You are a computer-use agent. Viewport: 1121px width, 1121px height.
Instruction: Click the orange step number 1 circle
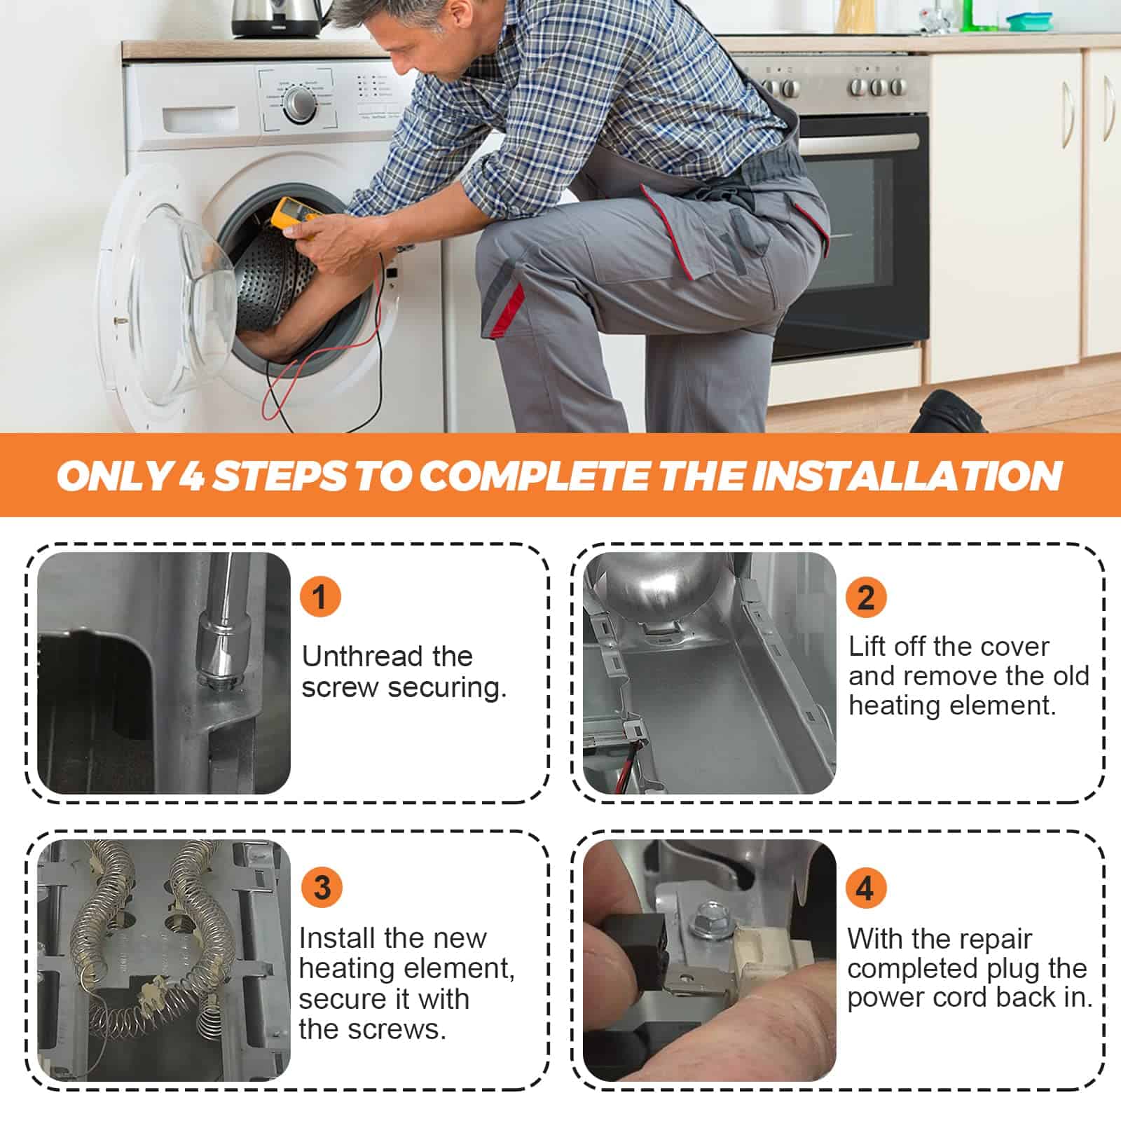pos(320,597)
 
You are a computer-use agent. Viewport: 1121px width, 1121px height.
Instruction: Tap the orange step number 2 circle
pos(866,597)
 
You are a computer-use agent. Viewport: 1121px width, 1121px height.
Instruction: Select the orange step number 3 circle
pos(322,887)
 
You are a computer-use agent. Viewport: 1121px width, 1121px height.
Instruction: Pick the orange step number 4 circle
pos(866,888)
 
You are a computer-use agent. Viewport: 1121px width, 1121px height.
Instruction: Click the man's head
pos(427,39)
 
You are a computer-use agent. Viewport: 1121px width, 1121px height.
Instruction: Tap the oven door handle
pos(859,142)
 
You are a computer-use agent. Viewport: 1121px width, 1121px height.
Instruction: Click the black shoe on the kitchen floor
pos(947,413)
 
